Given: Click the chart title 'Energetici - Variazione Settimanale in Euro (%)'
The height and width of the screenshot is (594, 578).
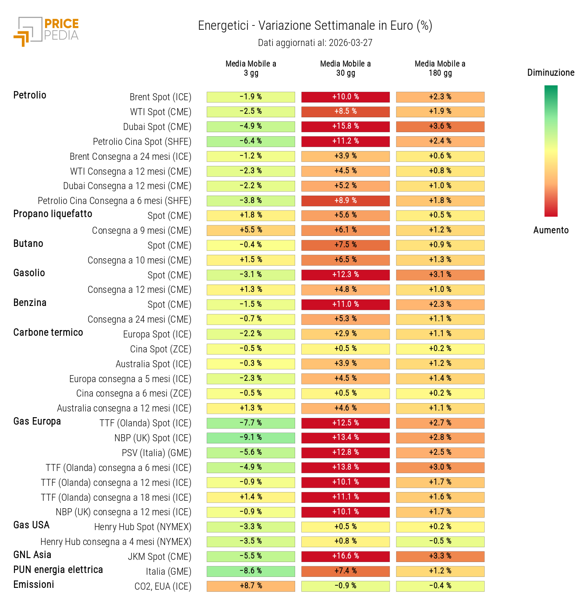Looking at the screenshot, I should (315, 26).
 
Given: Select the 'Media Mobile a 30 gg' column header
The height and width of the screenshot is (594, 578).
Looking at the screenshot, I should (345, 68).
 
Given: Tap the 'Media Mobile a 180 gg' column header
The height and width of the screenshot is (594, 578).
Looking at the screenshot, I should (440, 68).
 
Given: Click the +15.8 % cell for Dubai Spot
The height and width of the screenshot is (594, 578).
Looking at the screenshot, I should (345, 127).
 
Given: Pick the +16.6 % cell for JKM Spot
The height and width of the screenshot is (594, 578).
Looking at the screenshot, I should (345, 556).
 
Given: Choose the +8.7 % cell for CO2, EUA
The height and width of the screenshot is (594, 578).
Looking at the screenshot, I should (251, 586).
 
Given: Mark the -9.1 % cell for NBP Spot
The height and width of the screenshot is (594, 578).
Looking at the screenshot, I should (251, 438).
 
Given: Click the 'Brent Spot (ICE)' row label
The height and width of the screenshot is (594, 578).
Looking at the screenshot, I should (160, 97).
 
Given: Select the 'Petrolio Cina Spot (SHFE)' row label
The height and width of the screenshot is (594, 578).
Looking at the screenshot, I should (142, 142).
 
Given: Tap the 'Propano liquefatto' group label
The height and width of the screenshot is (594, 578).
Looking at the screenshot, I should (53, 214).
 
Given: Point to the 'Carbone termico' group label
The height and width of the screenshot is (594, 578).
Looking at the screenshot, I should (48, 333).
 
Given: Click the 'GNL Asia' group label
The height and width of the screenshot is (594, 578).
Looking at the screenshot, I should (32, 555).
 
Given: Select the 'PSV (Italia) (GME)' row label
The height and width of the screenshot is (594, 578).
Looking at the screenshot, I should (156, 453).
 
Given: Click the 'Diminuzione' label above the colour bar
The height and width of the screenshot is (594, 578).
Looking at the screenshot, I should (550, 73).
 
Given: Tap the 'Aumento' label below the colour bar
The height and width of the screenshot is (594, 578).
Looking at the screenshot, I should (550, 230).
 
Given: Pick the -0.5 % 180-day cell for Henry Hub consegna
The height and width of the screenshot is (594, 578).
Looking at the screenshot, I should (440, 541).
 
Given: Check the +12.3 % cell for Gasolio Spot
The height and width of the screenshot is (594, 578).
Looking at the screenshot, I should (345, 275).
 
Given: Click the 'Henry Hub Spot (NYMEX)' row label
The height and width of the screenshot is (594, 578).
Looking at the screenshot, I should (143, 527).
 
